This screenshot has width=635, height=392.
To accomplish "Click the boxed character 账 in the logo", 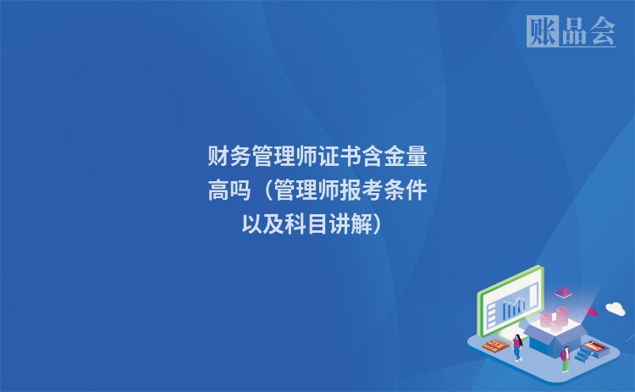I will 541,31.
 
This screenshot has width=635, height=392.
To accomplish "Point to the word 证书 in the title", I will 339,157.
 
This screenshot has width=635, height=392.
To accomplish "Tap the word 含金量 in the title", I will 394,157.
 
